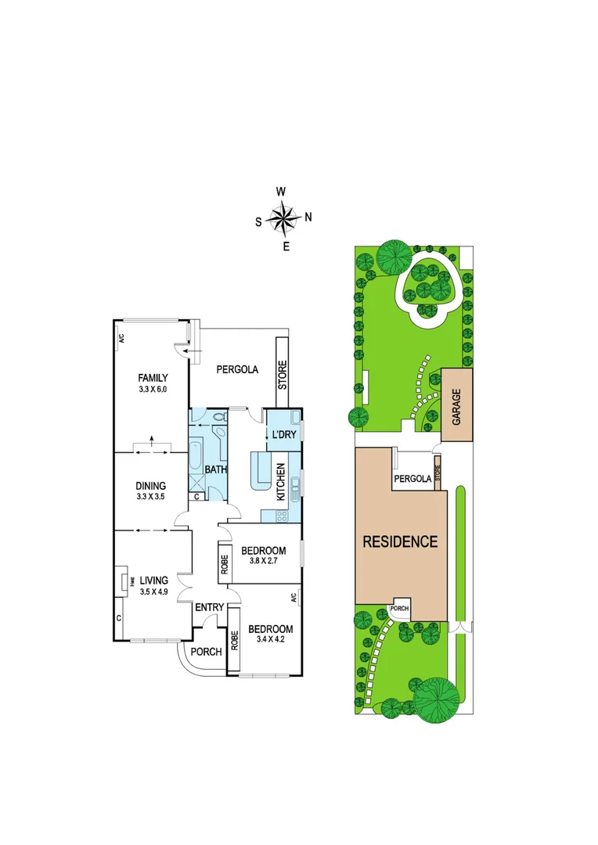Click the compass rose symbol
283,218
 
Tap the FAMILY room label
153,378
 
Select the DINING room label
151,485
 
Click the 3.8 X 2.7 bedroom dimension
264,562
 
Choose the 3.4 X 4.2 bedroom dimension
270,641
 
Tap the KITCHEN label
281,482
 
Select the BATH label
215,470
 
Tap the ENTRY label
210,607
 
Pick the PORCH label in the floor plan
206,652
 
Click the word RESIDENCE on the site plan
399,541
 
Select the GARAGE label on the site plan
456,406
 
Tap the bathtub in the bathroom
196,462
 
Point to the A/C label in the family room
121,339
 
